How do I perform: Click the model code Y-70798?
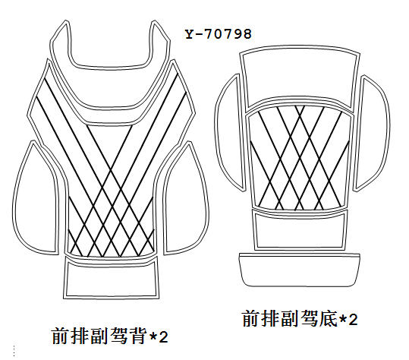point(219,34)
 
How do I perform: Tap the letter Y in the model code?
point(189,34)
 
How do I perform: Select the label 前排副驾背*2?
point(110,336)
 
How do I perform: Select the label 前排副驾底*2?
point(300,318)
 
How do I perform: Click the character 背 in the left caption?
point(137,336)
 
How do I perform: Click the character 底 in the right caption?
point(329,318)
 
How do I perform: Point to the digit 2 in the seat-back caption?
point(163,337)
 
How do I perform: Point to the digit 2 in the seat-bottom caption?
point(353,320)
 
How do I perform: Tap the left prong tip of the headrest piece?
point(66,21)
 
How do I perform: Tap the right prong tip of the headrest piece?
point(155,21)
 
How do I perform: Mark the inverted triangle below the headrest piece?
point(110,146)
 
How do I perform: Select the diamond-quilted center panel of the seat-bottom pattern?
point(300,156)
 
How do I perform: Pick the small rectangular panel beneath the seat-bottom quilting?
point(300,230)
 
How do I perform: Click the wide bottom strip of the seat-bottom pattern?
point(300,270)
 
